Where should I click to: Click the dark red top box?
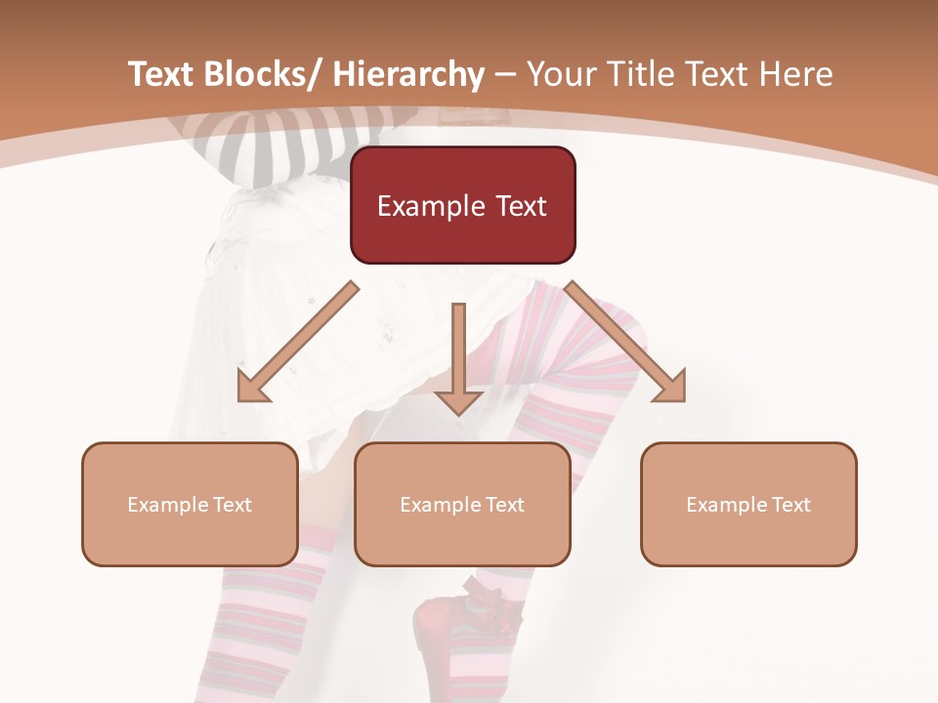462,205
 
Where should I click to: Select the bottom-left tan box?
190,504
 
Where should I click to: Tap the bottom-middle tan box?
462,504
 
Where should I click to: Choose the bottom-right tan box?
748,504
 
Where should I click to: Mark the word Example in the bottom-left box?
166,505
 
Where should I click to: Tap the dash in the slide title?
505,75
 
